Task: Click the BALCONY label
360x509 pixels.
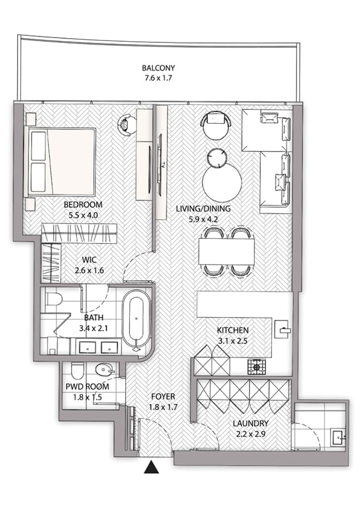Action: pos(158,68)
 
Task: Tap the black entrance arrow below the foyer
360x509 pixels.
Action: pos(152,467)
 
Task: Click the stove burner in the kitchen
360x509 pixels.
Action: pos(257,367)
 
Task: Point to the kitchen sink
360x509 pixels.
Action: pos(282,329)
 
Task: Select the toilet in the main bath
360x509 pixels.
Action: pos(53,299)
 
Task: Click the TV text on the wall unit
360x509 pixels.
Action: pos(163,164)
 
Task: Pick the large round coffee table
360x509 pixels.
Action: pos(222,183)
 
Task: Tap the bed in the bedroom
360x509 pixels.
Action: pos(60,161)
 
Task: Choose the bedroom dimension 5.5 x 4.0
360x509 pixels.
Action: pos(83,215)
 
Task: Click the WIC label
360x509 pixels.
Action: pos(89,259)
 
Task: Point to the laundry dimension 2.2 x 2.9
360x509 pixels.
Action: pos(250,434)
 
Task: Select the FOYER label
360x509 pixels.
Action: pos(163,396)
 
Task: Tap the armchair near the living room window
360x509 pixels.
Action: pos(216,124)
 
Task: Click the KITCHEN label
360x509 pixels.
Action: pos(233,330)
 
